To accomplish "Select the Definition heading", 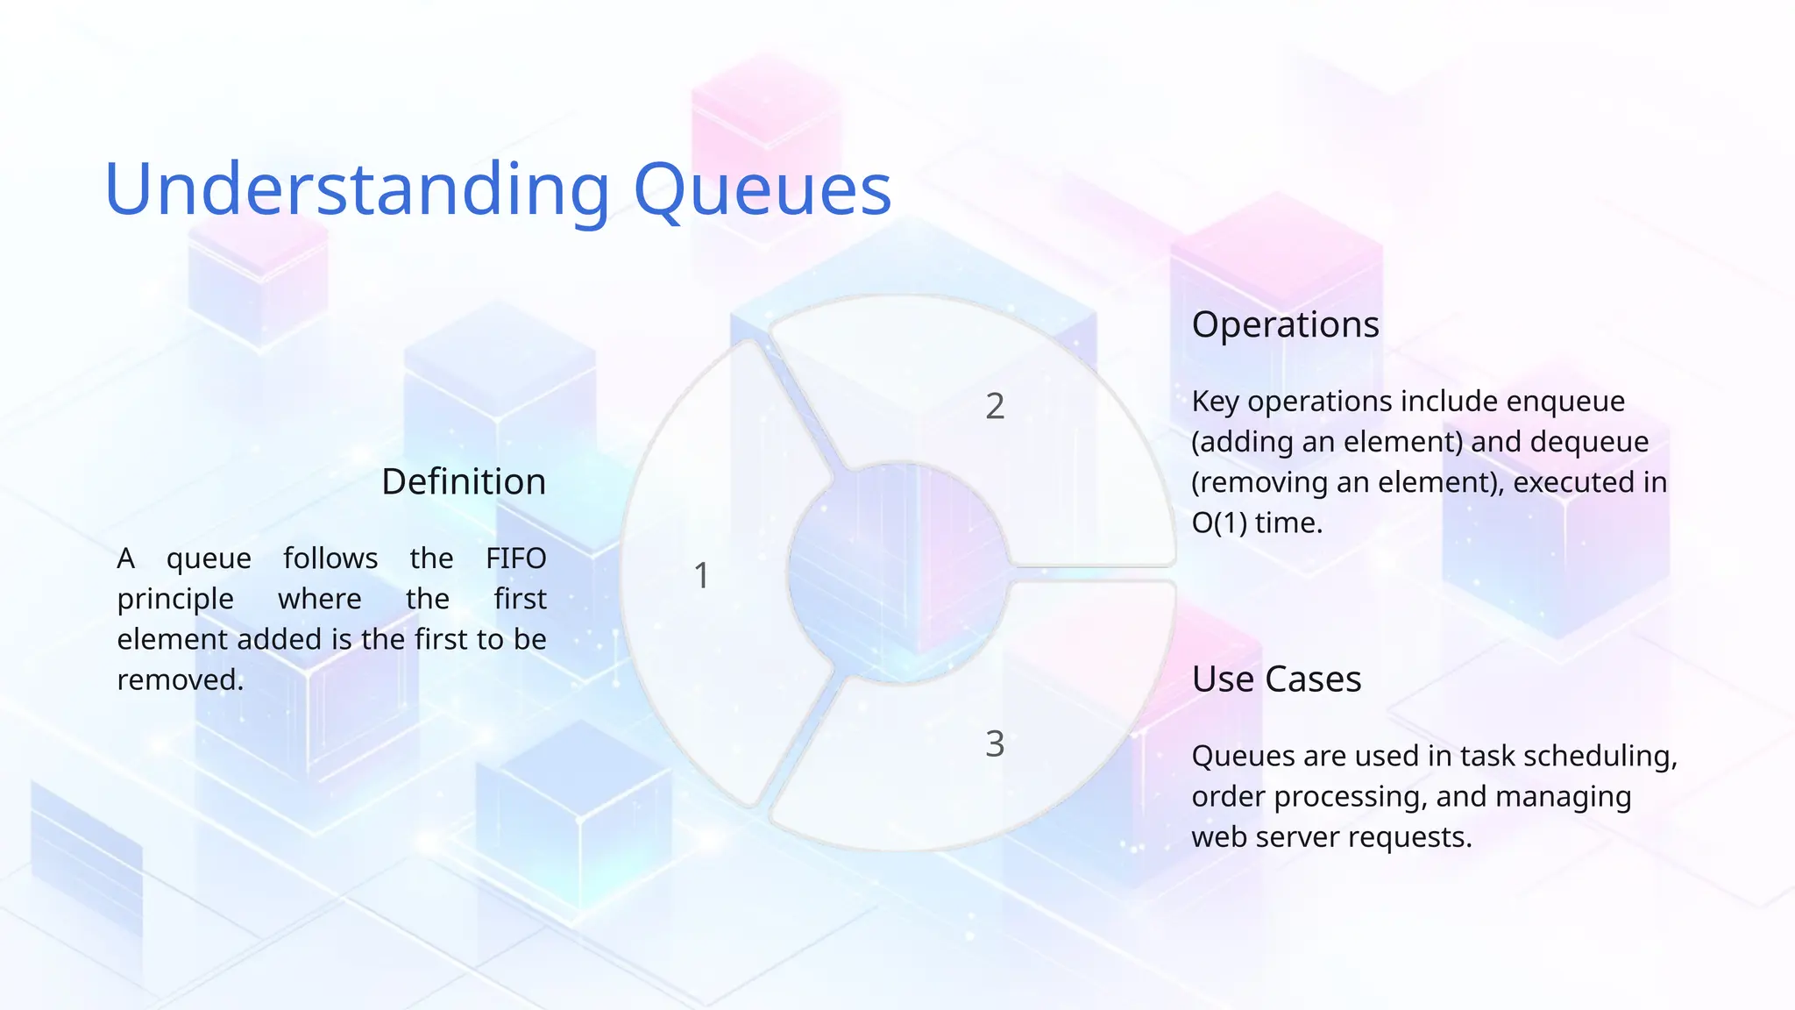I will tap(464, 481).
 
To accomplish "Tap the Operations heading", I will tap(1285, 324).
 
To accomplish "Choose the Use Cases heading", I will tap(1276, 679).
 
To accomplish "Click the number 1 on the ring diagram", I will tap(701, 576).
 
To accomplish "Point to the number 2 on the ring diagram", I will tap(995, 406).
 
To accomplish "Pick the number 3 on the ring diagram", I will tap(995, 744).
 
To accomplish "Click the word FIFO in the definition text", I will tap(515, 558).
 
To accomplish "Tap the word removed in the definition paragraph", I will tap(179, 679).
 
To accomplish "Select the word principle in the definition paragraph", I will tap(175, 599).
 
